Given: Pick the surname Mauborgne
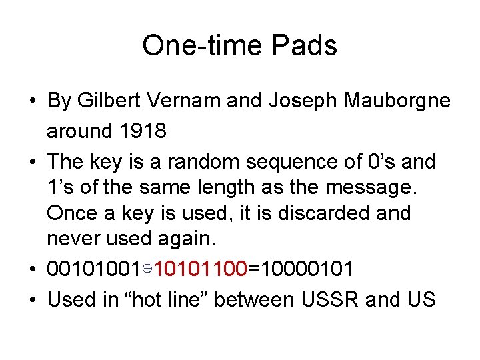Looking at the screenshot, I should click(x=397, y=101).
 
